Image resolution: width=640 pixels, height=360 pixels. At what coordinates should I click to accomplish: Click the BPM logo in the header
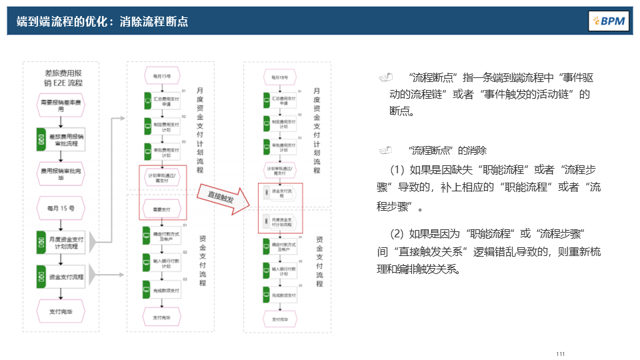click(x=608, y=21)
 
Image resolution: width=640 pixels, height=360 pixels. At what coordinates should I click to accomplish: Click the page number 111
click(x=560, y=353)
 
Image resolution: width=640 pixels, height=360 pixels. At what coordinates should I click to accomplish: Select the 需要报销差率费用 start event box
click(x=61, y=107)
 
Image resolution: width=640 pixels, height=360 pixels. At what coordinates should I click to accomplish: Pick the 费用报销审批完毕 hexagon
click(x=61, y=174)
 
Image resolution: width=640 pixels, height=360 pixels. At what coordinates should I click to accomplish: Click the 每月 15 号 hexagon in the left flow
click(x=61, y=207)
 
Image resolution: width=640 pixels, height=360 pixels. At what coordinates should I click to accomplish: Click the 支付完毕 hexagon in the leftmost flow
click(x=61, y=311)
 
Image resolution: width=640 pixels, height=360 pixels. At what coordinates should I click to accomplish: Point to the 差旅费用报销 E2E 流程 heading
click(x=61, y=78)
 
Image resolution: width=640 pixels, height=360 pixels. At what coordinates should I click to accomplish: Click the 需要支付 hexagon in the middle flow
click(x=163, y=209)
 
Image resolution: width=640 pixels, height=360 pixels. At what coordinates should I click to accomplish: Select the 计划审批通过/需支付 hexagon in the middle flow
click(x=163, y=175)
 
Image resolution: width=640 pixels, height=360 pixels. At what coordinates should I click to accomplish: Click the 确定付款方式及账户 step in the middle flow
click(x=163, y=235)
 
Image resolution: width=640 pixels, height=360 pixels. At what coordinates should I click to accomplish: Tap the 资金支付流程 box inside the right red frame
click(x=281, y=194)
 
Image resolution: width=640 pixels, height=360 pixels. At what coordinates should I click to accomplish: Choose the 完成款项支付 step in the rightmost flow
click(x=281, y=295)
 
